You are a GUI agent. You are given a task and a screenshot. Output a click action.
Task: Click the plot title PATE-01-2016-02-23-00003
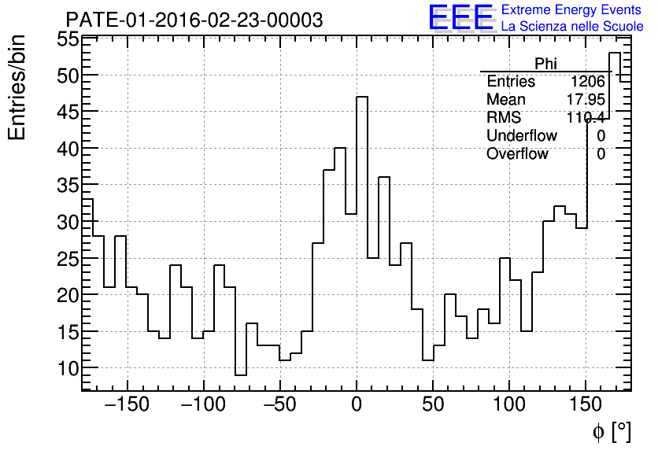pyautogui.click(x=194, y=20)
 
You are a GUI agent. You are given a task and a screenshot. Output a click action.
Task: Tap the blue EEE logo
pyautogui.click(x=460, y=17)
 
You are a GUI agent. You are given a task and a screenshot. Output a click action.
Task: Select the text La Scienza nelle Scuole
pyautogui.click(x=572, y=27)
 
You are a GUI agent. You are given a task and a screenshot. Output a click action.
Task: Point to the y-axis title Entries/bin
pyautogui.click(x=17, y=87)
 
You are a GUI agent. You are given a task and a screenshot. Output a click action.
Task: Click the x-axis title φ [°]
pyautogui.click(x=611, y=432)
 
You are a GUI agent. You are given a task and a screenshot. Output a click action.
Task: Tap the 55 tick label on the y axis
pyautogui.click(x=67, y=39)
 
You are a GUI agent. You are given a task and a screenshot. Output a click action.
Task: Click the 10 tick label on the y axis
pyautogui.click(x=67, y=368)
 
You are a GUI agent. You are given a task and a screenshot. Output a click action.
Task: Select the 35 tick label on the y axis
pyautogui.click(x=67, y=186)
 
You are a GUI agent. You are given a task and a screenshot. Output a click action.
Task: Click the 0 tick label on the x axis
pyautogui.click(x=357, y=406)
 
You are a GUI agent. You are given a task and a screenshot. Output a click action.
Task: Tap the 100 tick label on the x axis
pyautogui.click(x=510, y=406)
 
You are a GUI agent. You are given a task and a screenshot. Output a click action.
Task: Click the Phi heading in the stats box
pyautogui.click(x=545, y=64)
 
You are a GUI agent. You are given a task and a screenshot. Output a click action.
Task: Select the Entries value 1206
pyautogui.click(x=588, y=82)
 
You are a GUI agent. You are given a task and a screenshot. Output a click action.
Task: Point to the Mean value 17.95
pyautogui.click(x=585, y=100)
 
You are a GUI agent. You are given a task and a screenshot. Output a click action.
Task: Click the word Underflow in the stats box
pyautogui.click(x=521, y=136)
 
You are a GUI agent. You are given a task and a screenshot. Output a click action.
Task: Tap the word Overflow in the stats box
pyautogui.click(x=517, y=154)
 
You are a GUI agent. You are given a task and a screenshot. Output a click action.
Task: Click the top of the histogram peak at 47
pyautogui.click(x=362, y=97)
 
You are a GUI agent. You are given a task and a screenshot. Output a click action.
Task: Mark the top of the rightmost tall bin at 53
pyautogui.click(x=614, y=53)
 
